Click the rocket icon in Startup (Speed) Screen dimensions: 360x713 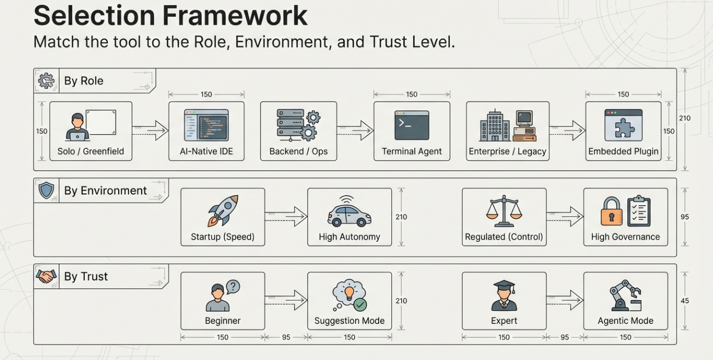[223, 211]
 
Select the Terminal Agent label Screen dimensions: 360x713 [411, 152]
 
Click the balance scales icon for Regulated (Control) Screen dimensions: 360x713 [504, 211]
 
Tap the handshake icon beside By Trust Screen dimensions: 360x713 [46, 276]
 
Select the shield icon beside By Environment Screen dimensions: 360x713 [46, 190]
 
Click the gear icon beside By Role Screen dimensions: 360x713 [46, 81]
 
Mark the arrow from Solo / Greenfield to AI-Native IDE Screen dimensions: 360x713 [150, 131]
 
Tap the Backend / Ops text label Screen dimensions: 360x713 [298, 152]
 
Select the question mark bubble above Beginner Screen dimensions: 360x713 [233, 287]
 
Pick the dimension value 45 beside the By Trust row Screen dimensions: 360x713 [685, 301]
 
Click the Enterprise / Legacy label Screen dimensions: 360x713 [507, 152]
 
